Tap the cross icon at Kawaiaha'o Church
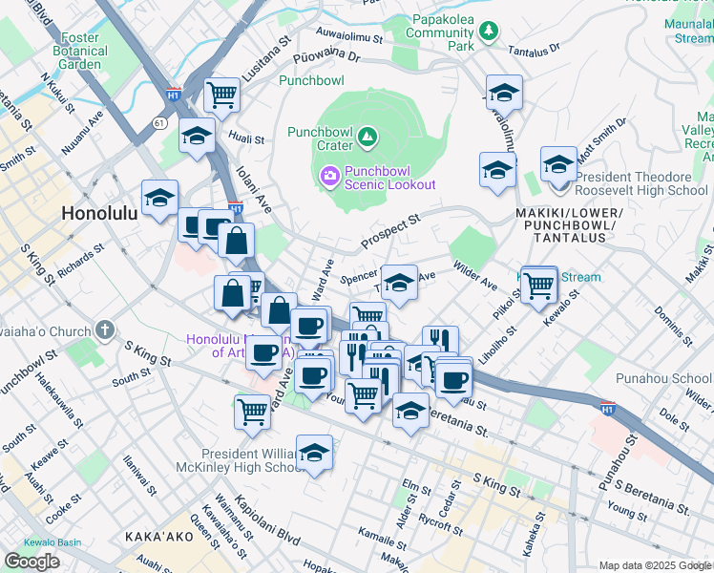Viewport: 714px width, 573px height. [103, 330]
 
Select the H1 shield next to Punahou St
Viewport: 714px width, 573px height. [607, 410]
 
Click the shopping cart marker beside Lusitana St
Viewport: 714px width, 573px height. [221, 95]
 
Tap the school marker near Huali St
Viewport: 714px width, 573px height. [197, 138]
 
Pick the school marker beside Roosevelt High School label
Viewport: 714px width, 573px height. [558, 163]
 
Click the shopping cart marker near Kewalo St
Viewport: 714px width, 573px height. [539, 283]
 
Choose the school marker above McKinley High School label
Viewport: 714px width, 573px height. [314, 453]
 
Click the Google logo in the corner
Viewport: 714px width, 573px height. [31, 562]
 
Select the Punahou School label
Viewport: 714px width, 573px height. [679, 378]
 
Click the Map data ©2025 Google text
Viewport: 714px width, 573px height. [655, 565]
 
